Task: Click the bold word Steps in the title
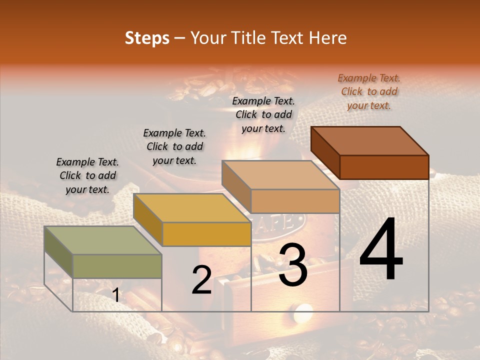pyautogui.click(x=146, y=38)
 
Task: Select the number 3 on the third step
pyautogui.click(x=292, y=265)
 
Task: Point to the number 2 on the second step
pyautogui.click(x=201, y=280)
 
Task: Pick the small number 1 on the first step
pyautogui.click(x=116, y=295)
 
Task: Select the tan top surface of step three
pyautogui.click(x=280, y=175)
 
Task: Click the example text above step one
pyautogui.click(x=87, y=175)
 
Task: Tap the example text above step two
pyautogui.click(x=174, y=146)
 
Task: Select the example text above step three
pyautogui.click(x=263, y=114)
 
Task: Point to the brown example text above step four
pyautogui.click(x=369, y=91)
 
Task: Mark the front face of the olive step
pyautogui.click(x=117, y=266)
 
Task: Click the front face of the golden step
pyautogui.click(x=206, y=234)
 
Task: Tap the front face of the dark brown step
pyautogui.click(x=384, y=166)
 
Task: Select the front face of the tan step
pyautogui.click(x=295, y=201)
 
